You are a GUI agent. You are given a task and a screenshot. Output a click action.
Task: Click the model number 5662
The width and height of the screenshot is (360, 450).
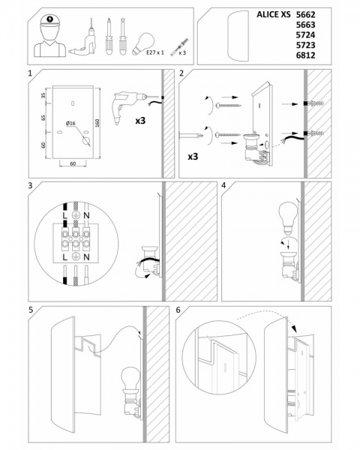click(x=305, y=14)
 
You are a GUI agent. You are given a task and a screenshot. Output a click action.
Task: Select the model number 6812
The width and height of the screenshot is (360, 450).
click(x=305, y=55)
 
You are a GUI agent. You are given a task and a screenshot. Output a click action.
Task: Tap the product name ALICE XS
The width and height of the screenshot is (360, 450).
click(x=274, y=14)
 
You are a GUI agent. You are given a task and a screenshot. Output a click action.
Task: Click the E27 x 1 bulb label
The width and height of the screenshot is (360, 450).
click(x=155, y=52)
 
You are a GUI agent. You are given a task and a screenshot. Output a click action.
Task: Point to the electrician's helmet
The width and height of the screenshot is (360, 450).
click(x=49, y=20)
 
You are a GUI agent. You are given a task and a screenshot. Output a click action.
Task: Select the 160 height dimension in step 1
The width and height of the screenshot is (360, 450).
click(x=97, y=124)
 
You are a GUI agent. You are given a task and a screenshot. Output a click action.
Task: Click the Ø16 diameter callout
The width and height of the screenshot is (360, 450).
click(x=70, y=123)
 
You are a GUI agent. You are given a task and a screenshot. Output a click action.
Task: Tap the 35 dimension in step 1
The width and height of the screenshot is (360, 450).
click(x=43, y=95)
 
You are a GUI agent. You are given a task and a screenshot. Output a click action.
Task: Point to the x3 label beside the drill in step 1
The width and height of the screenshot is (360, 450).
click(x=140, y=121)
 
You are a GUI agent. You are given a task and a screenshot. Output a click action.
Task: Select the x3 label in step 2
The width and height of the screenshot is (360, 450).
click(x=193, y=157)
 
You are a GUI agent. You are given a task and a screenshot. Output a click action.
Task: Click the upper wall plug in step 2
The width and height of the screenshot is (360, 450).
click(x=314, y=103)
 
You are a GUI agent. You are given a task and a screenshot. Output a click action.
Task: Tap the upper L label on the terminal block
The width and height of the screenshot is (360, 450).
click(x=65, y=215)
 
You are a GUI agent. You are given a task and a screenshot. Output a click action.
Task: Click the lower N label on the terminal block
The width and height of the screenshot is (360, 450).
click(x=86, y=257)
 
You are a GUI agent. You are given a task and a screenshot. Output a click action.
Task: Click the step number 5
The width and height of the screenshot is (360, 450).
click(x=31, y=310)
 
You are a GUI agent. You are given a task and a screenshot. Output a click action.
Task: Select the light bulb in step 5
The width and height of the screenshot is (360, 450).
click(x=130, y=377)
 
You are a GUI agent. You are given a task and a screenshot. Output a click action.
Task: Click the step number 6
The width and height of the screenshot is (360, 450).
click(x=178, y=310)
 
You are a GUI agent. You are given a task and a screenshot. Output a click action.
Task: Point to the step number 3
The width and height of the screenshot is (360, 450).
click(x=31, y=185)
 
